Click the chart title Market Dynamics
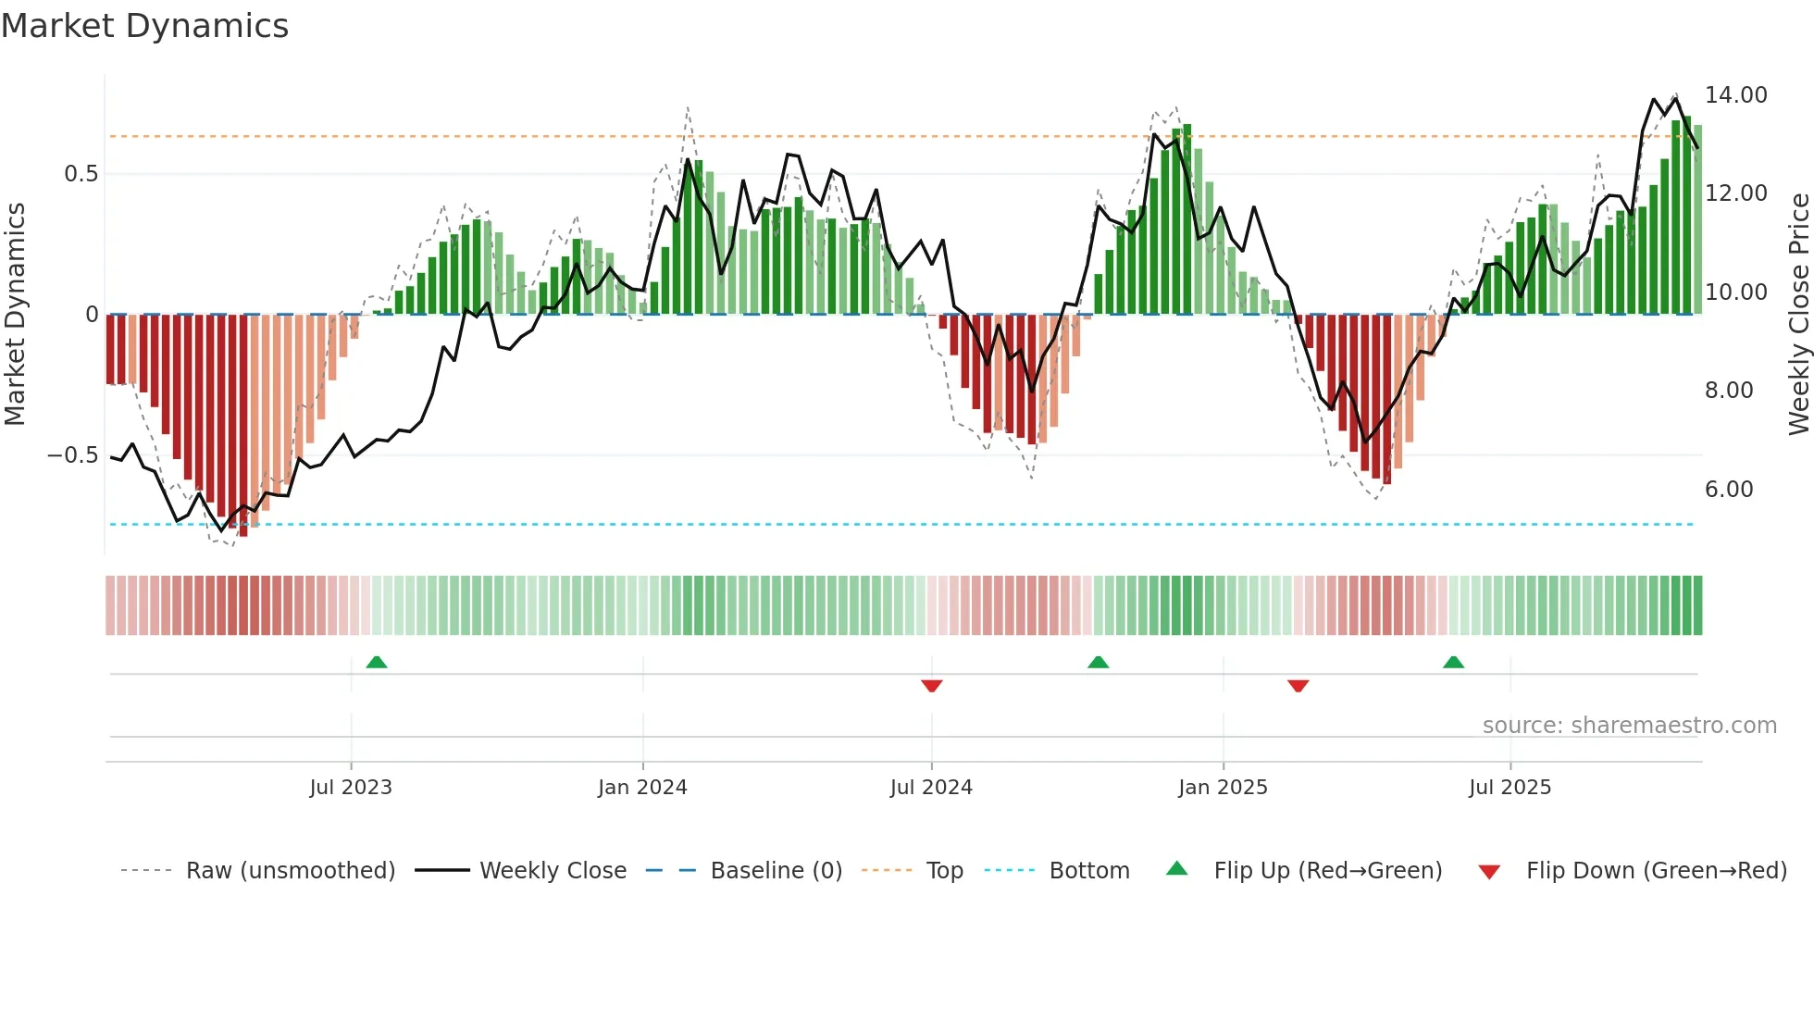[144, 26]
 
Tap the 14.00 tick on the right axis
[1735, 95]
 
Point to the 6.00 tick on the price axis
[1728, 490]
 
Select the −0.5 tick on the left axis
[72, 455]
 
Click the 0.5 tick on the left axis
[81, 174]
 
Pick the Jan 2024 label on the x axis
[642, 788]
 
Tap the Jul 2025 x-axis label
[1510, 788]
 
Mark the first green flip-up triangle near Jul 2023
[377, 663]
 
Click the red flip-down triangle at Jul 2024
[932, 686]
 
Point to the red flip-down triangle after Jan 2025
[1298, 686]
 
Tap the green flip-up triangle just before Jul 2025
[1453, 663]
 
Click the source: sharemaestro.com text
[1629, 726]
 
